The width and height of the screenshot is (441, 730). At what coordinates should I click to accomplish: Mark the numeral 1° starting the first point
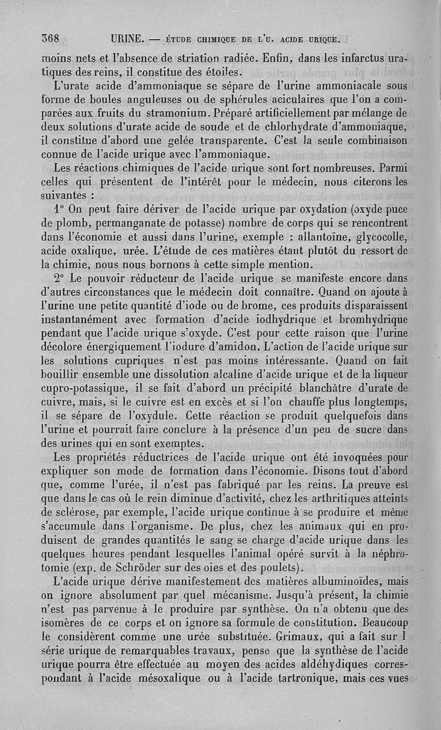[x=61, y=209]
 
